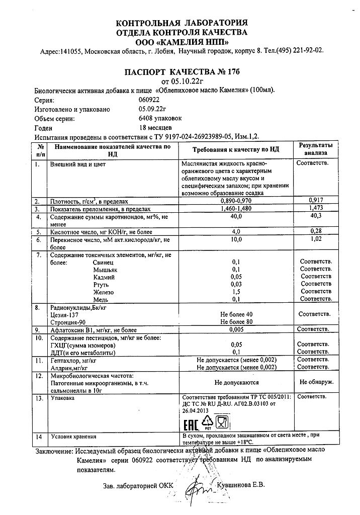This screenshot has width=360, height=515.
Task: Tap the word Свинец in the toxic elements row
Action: click(104, 262)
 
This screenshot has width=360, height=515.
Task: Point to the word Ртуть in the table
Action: click(102, 284)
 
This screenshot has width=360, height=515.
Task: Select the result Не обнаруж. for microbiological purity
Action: click(316, 382)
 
